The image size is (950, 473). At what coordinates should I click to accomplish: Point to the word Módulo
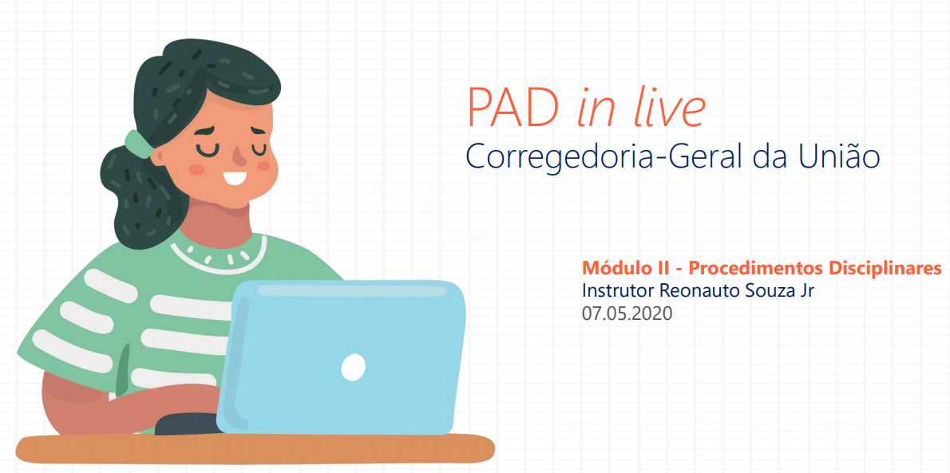(x=616, y=268)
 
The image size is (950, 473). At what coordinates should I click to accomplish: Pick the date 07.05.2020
(x=627, y=314)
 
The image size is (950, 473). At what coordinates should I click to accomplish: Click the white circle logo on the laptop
(x=353, y=368)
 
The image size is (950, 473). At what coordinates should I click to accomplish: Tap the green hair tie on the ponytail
(x=137, y=144)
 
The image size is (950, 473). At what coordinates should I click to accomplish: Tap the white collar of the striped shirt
(x=219, y=253)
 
